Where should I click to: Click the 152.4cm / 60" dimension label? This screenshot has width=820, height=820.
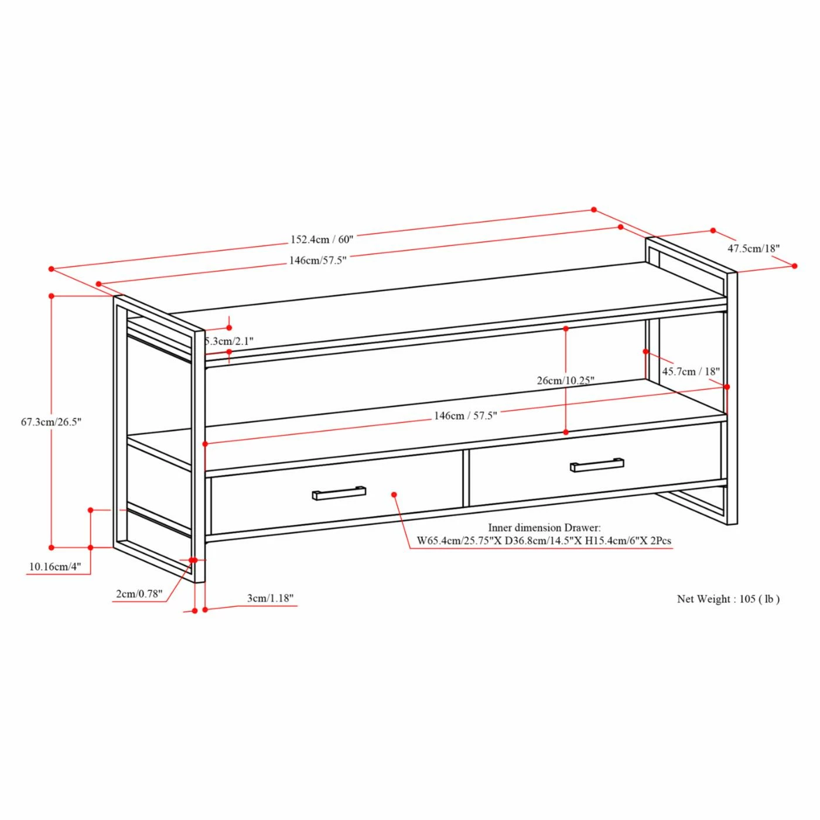[x=322, y=240]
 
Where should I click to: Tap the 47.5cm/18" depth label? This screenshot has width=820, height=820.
[x=753, y=248]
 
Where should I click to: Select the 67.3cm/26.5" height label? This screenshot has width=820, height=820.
[x=51, y=422]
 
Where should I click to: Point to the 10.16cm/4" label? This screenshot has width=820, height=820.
[x=55, y=567]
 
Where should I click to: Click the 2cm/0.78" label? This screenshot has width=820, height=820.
[x=139, y=593]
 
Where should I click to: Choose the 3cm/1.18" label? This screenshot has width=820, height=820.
[x=270, y=598]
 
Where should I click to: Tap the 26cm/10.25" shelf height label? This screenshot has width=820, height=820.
[x=566, y=381]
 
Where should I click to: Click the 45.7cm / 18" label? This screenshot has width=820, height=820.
[x=691, y=371]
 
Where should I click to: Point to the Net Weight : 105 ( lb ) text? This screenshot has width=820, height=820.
[x=728, y=599]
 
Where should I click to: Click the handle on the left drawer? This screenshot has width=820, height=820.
[x=339, y=493]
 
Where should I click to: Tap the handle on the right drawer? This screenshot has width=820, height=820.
[x=597, y=464]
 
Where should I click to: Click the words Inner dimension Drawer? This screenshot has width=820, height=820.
[x=544, y=528]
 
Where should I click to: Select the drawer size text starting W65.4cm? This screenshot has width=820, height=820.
[x=544, y=541]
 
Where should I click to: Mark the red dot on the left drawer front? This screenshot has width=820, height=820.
[x=394, y=494]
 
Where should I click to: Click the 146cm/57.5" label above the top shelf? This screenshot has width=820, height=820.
[x=318, y=261]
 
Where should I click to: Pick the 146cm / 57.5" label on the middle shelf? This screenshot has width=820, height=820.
[x=465, y=415]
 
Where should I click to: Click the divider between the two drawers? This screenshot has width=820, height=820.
[x=466, y=478]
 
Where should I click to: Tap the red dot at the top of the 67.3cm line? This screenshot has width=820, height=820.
[x=52, y=296]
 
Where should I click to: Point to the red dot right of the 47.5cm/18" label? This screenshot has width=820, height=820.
[x=794, y=266]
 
